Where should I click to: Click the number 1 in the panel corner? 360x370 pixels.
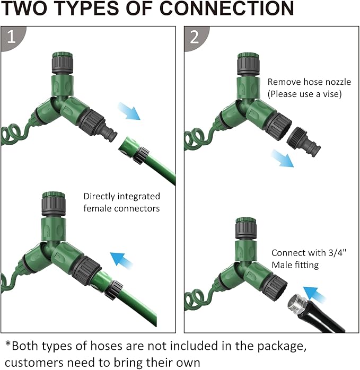[11, 37]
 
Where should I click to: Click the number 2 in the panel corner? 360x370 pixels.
[195, 37]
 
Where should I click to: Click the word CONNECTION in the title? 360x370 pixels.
[226, 8]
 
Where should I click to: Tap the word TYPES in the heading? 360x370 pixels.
[87, 8]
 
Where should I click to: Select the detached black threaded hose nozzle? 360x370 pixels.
[304, 142]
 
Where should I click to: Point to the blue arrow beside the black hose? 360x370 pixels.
[314, 295]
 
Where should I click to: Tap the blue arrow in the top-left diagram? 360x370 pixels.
[129, 111]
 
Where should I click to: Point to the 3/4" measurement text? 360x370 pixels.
[337, 252]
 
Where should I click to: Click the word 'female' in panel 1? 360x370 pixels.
[95, 208]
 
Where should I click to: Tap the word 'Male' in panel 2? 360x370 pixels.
[281, 265]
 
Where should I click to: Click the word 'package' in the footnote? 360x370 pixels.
[282, 346]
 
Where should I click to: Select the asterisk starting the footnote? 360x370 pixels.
[8, 344]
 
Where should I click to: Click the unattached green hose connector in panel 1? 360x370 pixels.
[134, 150]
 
